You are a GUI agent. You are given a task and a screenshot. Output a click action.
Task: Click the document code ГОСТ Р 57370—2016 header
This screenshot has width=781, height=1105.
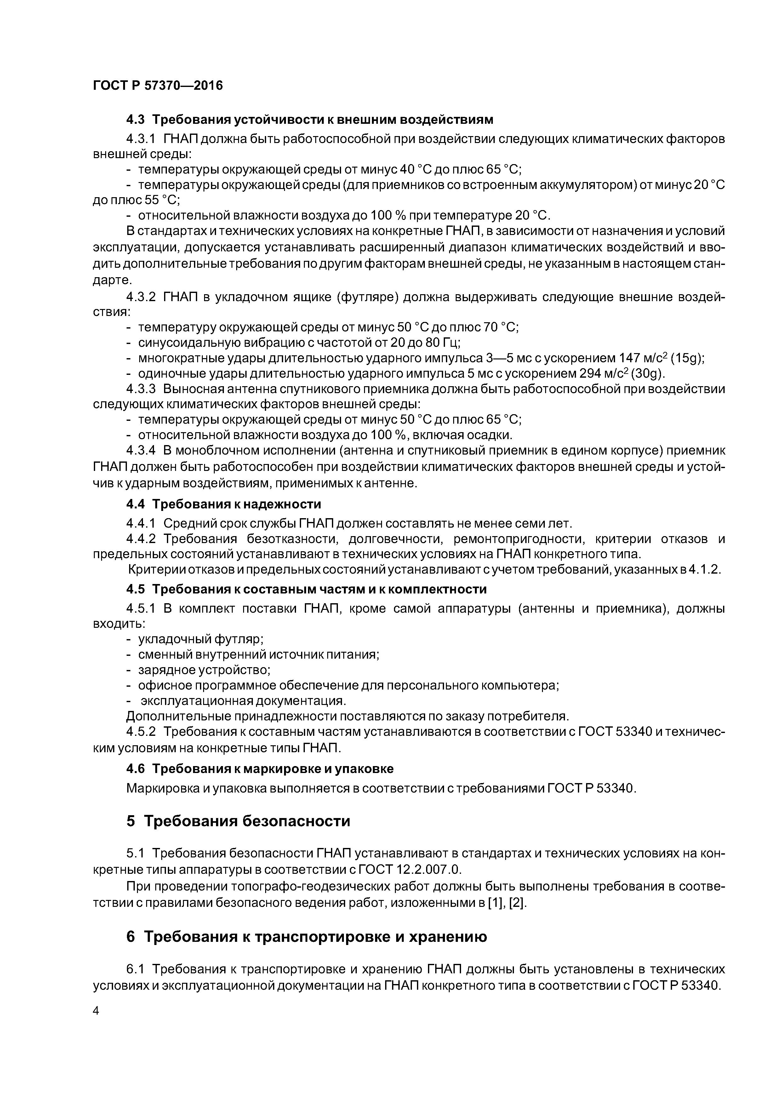[158, 86]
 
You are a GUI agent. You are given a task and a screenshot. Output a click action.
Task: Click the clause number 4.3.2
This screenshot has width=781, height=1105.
[141, 297]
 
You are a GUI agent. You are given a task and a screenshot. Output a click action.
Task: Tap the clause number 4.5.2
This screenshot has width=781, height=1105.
[141, 731]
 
